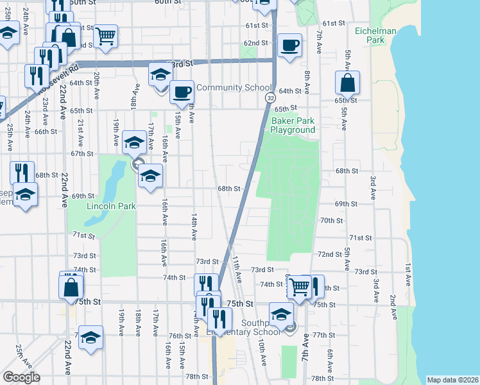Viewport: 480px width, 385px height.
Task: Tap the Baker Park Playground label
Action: [293, 125]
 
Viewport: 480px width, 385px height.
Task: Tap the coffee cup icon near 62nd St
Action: [289, 46]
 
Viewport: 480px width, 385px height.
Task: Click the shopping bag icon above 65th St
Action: [347, 83]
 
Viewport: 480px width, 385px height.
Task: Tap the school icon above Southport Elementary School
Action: [281, 314]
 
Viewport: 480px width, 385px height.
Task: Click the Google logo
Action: [21, 377]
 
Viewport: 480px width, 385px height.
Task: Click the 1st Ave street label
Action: [407, 275]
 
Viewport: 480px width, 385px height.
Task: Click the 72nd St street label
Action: [329, 254]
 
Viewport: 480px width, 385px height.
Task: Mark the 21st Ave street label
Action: [80, 130]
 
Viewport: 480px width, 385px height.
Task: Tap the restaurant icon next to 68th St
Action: [22, 172]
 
